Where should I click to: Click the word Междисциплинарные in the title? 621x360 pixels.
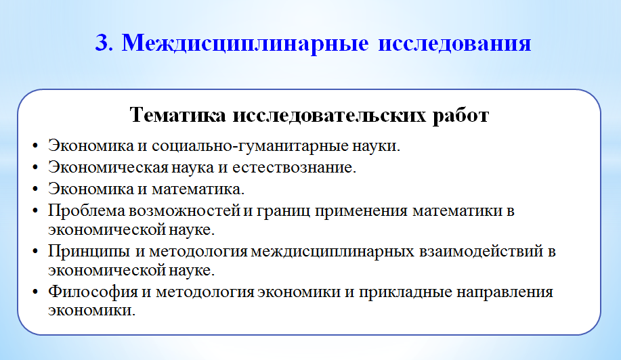(x=244, y=43)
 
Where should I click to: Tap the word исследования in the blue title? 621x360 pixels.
(x=454, y=43)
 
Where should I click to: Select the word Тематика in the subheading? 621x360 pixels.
(x=178, y=115)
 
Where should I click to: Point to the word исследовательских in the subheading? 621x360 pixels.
(x=330, y=116)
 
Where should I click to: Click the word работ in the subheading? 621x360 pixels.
(x=461, y=116)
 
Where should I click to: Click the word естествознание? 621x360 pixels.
(x=294, y=167)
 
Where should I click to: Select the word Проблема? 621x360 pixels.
(x=87, y=211)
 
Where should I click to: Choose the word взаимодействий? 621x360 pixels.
(x=480, y=251)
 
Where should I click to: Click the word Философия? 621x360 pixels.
(x=93, y=292)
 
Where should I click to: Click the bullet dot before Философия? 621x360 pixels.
(x=35, y=292)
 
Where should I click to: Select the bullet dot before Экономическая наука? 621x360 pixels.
(x=35, y=168)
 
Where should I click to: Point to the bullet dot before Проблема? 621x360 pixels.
(x=35, y=211)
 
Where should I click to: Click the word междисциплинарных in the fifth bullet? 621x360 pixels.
(x=333, y=252)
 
